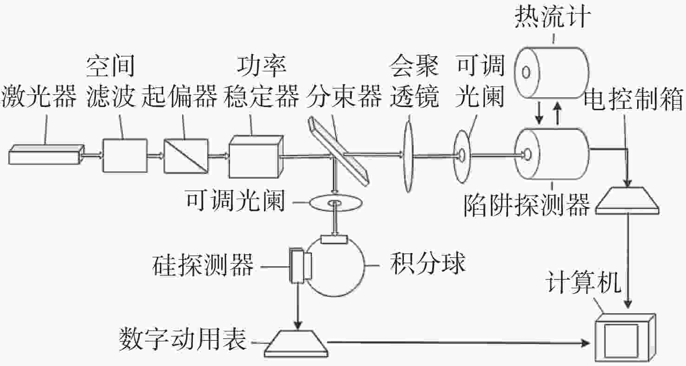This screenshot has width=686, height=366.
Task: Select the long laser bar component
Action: tap(46, 153)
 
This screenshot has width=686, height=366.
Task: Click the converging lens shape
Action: tap(409, 154)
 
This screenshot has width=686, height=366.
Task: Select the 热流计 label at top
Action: tap(553, 19)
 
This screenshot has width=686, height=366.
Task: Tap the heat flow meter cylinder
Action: tap(553, 73)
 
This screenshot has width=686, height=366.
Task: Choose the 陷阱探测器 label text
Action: tap(527, 205)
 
